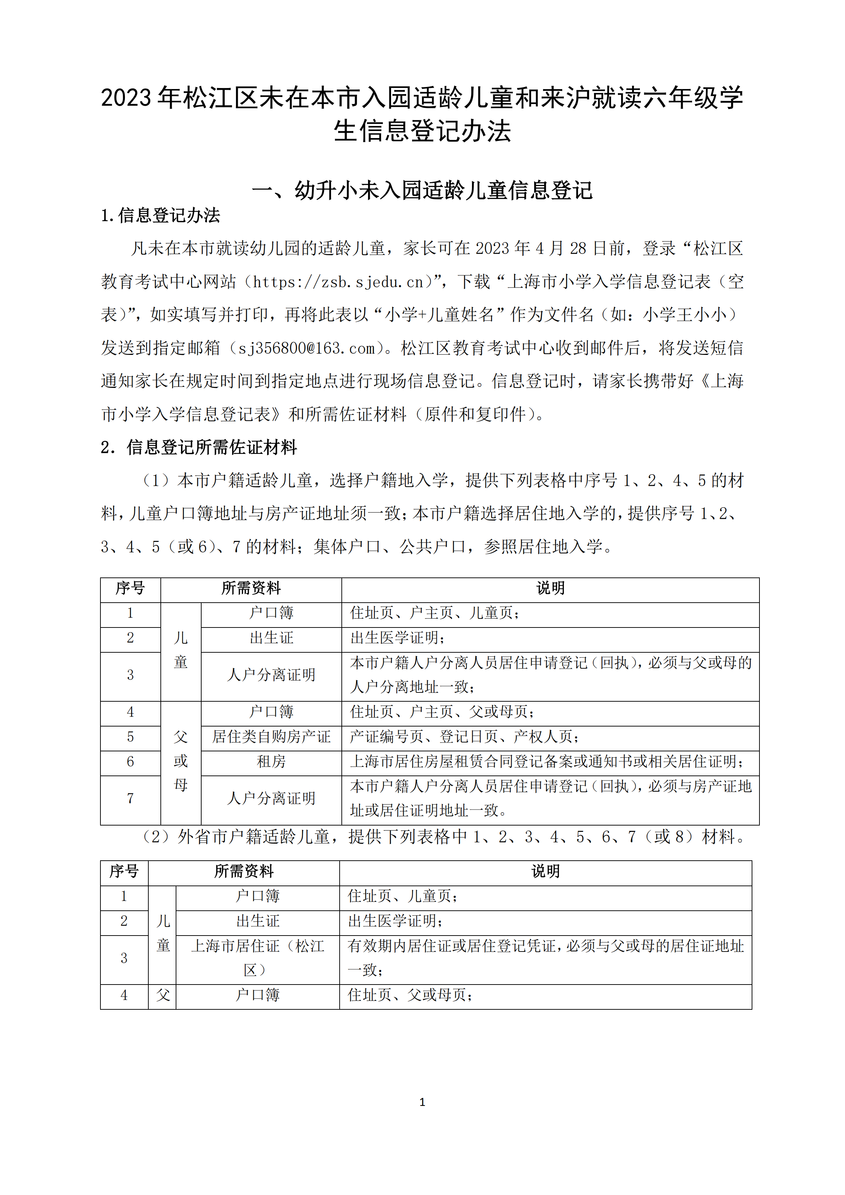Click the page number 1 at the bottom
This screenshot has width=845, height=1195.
coord(422,1102)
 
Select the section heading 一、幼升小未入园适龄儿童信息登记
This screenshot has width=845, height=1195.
coord(422,191)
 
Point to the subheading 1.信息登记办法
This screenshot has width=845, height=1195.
coord(160,215)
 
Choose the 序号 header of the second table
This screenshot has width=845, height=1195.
coord(124,871)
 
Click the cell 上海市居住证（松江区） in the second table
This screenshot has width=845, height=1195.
coord(258,958)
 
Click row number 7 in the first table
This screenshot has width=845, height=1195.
coord(130,799)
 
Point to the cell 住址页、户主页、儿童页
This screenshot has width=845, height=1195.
coord(434,613)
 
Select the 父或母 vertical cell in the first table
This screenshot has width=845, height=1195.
coord(181,761)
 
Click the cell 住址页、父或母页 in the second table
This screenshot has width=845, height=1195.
coord(410,995)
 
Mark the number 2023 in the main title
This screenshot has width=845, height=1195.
coord(126,98)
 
